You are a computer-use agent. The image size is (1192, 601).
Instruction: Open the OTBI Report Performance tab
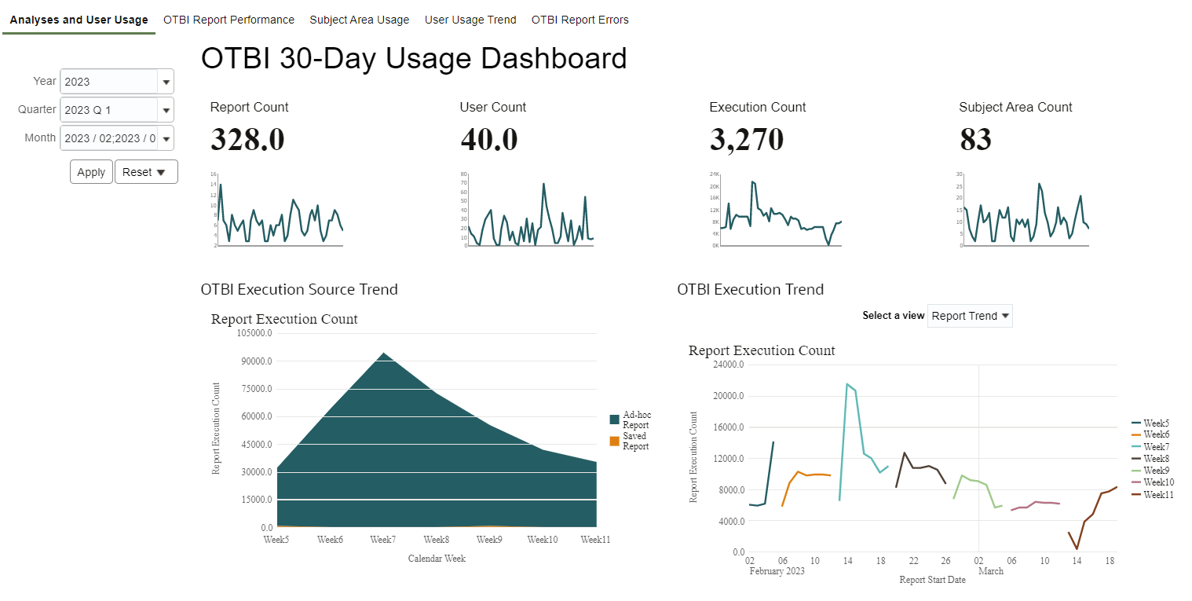pos(229,20)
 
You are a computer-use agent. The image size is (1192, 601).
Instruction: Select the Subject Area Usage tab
pos(359,20)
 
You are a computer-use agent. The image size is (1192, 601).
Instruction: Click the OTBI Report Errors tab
pos(580,20)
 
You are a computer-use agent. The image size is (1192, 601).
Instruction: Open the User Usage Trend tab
pos(470,20)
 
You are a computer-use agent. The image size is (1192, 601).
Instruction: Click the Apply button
pos(91,172)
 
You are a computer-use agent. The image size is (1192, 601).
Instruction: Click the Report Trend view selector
pos(970,316)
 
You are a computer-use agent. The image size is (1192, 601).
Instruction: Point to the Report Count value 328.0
pos(247,140)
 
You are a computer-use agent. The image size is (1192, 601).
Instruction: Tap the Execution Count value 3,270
pos(746,140)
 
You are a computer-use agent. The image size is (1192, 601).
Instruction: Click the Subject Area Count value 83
pos(975,140)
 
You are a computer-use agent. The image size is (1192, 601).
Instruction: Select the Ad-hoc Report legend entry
pos(635,420)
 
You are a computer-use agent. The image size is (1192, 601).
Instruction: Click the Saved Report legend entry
pos(635,441)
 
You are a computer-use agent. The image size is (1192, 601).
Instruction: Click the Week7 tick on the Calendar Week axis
pos(383,540)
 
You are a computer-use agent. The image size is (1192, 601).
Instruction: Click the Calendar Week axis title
pos(437,559)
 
